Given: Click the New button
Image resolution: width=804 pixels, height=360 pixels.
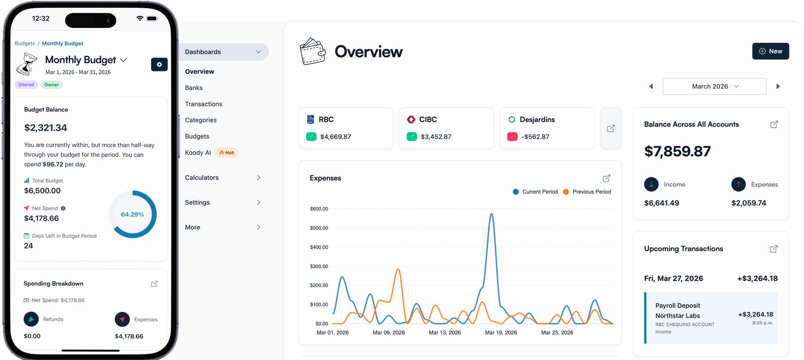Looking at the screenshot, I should (x=770, y=51).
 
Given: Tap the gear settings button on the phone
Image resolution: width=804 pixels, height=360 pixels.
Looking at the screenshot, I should (x=159, y=64).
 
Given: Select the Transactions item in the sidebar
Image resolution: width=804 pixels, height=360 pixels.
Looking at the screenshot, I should (x=204, y=104).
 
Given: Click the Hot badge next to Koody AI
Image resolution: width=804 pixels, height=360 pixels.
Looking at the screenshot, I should (x=227, y=152).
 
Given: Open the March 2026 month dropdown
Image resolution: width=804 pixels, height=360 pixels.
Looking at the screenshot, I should (x=714, y=86).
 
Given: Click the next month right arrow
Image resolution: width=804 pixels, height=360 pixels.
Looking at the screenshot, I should (x=778, y=86).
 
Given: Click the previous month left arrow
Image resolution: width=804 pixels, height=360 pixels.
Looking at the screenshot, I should (x=651, y=86).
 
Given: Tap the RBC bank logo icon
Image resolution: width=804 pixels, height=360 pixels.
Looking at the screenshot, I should (x=311, y=119).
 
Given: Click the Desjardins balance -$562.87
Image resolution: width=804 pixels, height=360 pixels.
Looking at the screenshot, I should (x=535, y=136).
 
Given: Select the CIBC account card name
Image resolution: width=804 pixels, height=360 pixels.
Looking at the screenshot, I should (x=428, y=119).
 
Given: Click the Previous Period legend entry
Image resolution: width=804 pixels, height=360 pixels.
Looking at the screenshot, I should (x=591, y=192).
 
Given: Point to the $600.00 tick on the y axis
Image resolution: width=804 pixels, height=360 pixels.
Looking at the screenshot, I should (x=319, y=208).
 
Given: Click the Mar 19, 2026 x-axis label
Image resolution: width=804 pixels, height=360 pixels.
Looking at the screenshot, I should (x=501, y=332).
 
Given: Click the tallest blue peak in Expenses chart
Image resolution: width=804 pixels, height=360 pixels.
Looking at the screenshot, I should (x=491, y=215).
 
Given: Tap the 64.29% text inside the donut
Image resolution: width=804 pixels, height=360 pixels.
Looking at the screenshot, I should (x=132, y=214).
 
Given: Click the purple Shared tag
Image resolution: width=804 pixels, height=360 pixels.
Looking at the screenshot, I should (x=26, y=85).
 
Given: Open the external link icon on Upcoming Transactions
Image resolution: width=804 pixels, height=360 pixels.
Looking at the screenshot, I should (x=773, y=249).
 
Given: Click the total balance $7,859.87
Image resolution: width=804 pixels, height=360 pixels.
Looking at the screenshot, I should (x=677, y=151).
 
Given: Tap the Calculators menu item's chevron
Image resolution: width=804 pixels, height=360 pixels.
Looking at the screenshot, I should (x=258, y=177).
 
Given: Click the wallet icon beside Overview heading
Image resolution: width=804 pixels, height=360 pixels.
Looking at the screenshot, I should (x=312, y=51).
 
